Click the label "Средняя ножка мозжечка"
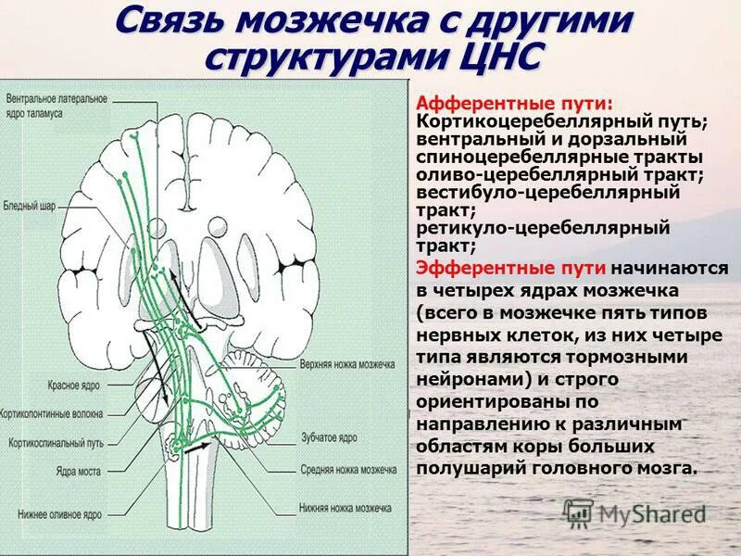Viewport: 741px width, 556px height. pos(347,470)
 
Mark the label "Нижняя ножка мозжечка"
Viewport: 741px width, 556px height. pos(346,509)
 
